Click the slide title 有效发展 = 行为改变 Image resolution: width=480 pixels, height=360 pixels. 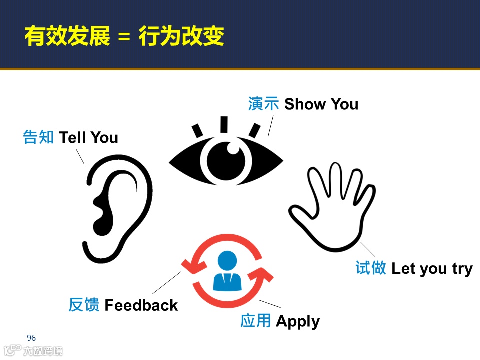[124, 36]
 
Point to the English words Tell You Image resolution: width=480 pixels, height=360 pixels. [89, 138]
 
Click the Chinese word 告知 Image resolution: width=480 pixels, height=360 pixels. [38, 138]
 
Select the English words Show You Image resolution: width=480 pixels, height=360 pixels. [321, 104]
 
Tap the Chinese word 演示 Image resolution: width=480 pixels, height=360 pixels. [263, 104]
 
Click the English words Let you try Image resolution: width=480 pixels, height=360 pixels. [432, 269]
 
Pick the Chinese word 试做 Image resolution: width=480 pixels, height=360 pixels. [370, 268]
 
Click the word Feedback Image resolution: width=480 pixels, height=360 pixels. [141, 305]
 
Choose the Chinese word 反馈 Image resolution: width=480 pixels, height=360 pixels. [84, 305]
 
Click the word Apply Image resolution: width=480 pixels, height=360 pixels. [297, 321]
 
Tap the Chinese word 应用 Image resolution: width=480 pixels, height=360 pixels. [255, 321]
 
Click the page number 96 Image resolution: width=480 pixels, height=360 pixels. [31, 338]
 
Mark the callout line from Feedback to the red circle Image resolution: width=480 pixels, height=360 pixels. [166, 283]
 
